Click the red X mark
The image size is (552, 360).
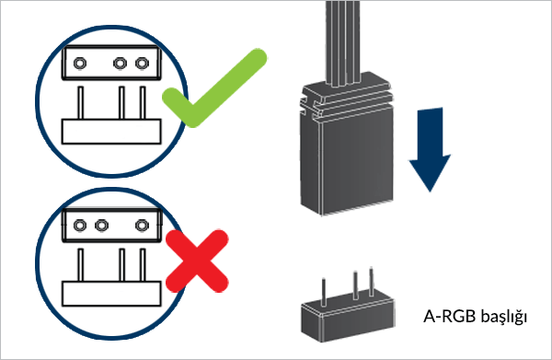tap(197, 261)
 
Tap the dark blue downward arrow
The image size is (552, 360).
tap(430, 150)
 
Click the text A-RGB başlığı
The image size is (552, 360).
tap(475, 317)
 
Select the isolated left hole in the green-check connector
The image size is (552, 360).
tap(80, 64)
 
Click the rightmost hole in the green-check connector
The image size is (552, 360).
tap(142, 64)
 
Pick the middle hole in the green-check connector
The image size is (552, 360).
tap(120, 64)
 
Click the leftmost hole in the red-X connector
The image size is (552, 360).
tap(80, 225)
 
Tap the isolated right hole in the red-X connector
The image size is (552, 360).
tap(142, 225)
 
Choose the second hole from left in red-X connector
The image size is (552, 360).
tap(101, 225)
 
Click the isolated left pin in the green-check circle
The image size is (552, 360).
tap(81, 103)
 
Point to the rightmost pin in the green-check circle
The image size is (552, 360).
tap(143, 103)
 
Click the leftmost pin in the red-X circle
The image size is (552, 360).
tap(81, 265)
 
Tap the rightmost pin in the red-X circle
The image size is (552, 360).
tap(143, 265)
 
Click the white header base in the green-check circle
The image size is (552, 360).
tap(111, 132)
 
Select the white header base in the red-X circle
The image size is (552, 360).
tap(111, 294)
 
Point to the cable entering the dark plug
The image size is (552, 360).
tap(344, 42)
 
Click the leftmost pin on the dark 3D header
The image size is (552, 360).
tap(324, 292)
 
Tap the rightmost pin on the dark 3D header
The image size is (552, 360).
tap(371, 282)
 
